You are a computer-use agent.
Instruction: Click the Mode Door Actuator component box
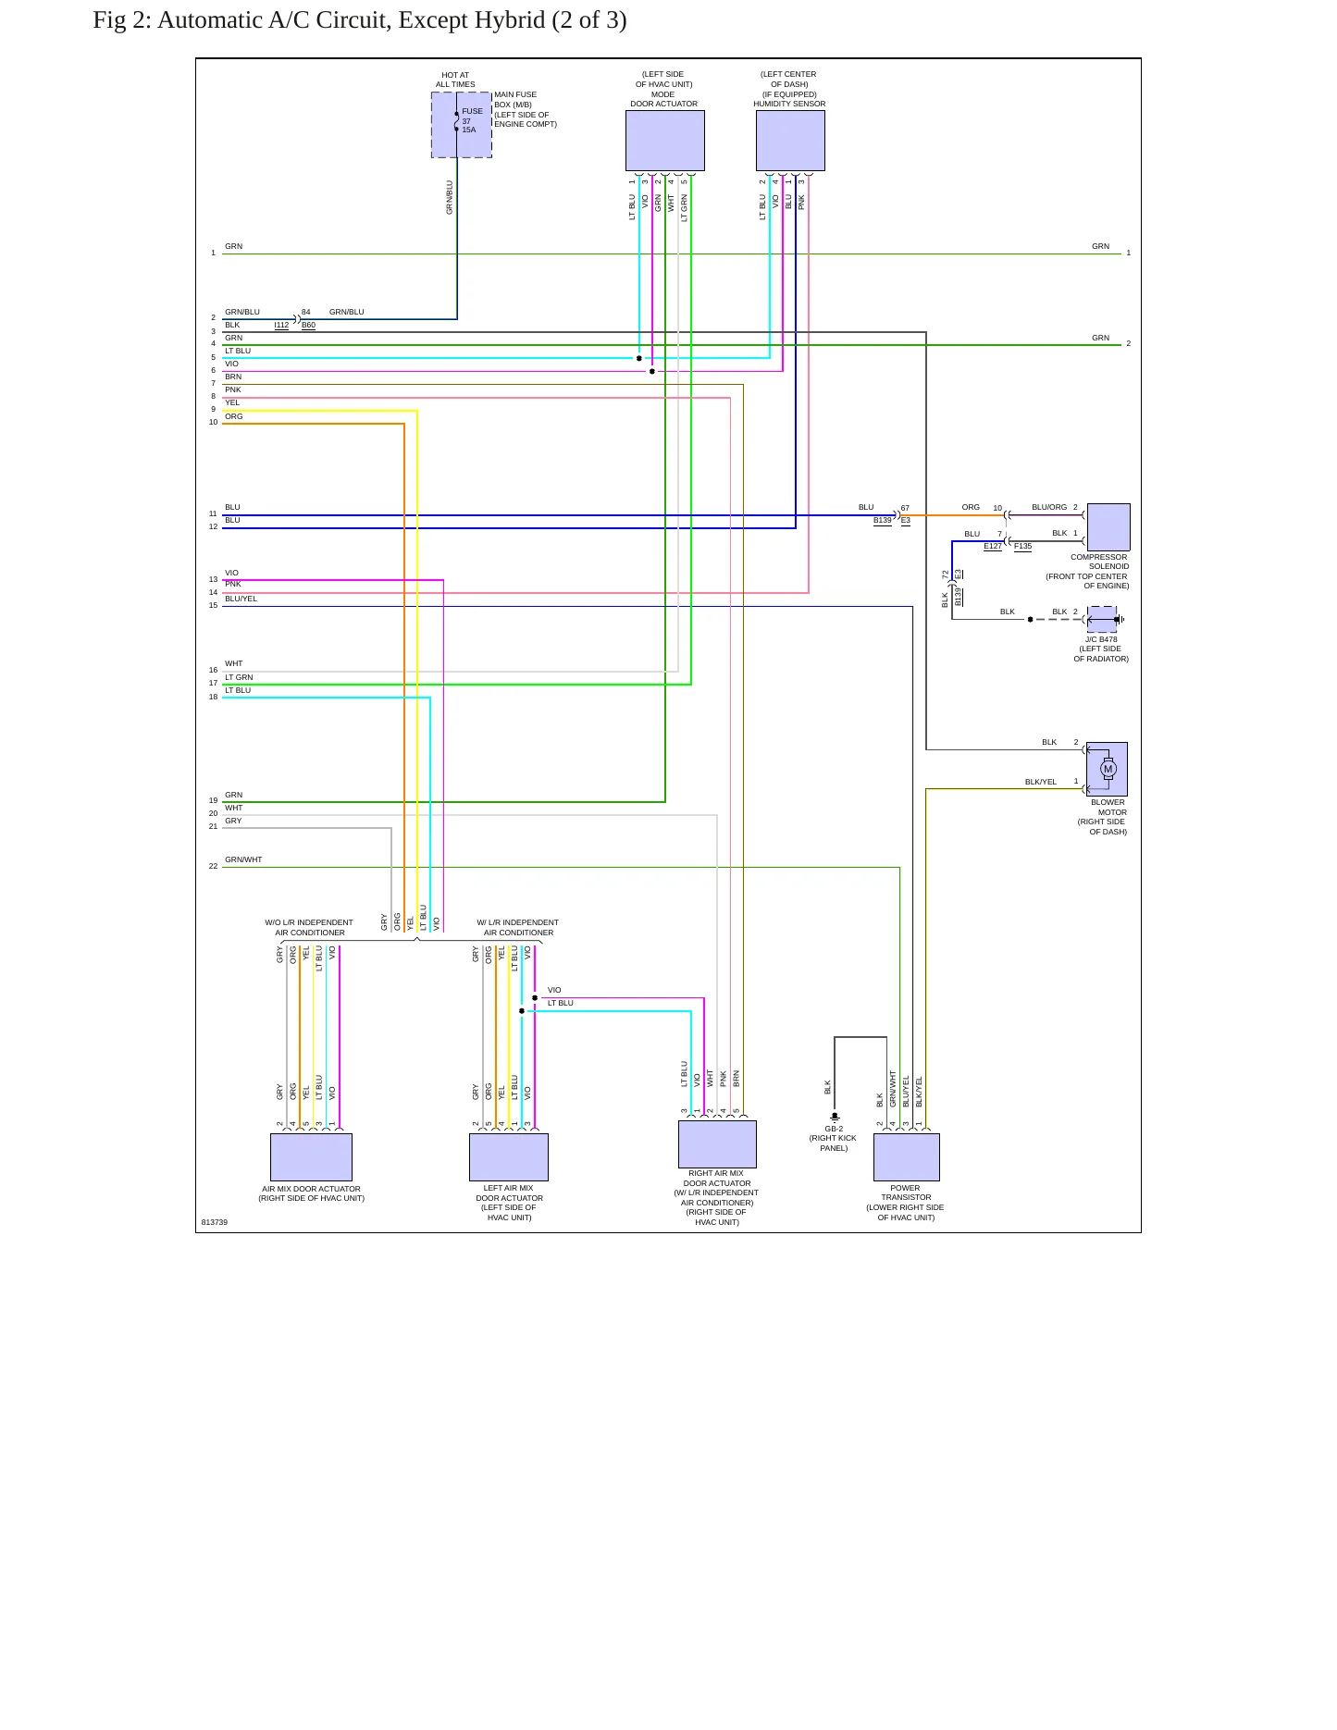point(664,141)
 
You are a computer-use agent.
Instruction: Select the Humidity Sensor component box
point(790,141)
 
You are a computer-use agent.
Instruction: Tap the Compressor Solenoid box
point(1108,527)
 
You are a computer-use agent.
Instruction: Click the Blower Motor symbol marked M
point(1108,769)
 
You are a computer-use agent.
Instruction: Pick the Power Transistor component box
point(907,1157)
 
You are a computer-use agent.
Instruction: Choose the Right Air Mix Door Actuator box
point(717,1144)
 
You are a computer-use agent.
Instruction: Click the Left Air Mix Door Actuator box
point(509,1157)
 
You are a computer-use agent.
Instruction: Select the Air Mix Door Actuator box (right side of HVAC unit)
point(311,1157)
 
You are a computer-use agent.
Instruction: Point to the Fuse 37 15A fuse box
point(461,125)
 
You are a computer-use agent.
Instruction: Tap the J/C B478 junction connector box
point(1102,619)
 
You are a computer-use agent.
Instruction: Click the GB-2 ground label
point(834,1129)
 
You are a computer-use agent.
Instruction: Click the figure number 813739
point(215,1222)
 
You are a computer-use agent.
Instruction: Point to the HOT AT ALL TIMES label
point(455,80)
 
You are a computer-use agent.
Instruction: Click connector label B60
point(308,326)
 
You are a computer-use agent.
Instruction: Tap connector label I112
point(281,326)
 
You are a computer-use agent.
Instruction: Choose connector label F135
point(1022,547)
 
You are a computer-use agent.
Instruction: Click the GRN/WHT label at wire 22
point(243,859)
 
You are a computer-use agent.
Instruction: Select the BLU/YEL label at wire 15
point(241,599)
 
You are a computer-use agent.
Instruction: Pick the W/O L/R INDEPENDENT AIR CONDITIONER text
point(309,927)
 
